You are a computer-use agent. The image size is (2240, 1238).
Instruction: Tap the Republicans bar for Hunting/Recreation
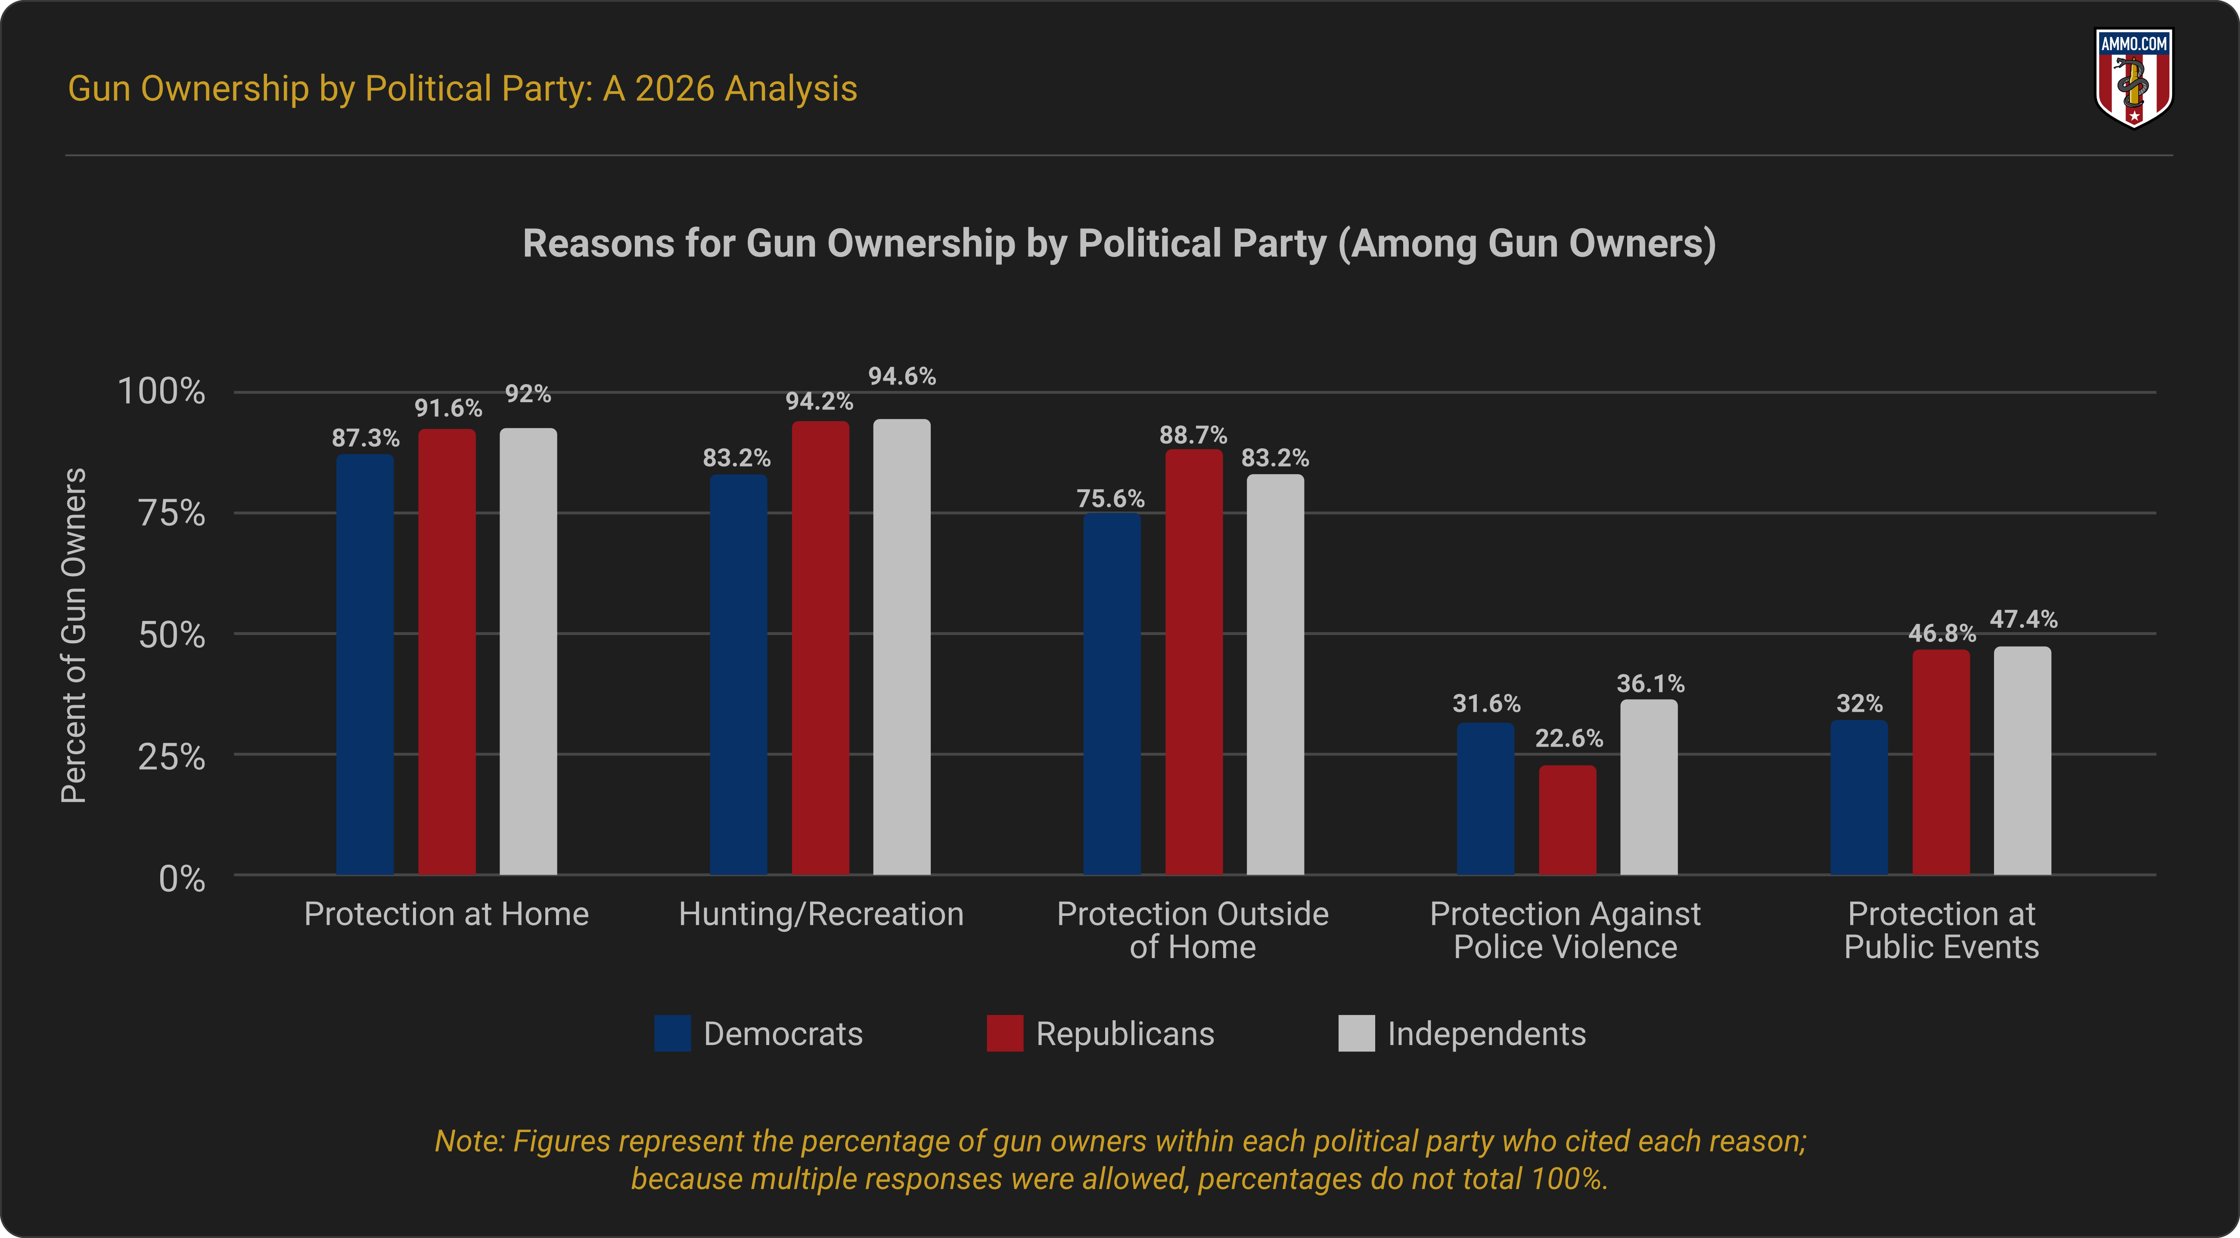(x=820, y=648)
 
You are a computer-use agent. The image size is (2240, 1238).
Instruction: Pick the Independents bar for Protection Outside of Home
(x=1275, y=674)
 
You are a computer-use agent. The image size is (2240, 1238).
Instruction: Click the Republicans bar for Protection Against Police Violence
(x=1567, y=820)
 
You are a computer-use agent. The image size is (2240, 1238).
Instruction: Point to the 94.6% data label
(x=902, y=376)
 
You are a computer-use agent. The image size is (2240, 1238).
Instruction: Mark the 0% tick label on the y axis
(x=182, y=879)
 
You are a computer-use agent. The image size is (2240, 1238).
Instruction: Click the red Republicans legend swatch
(x=1004, y=1034)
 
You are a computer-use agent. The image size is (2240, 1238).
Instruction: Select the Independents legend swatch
(x=1356, y=1034)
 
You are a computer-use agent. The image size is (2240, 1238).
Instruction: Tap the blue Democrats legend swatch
(x=672, y=1034)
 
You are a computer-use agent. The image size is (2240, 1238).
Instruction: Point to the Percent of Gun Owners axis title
(x=74, y=635)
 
